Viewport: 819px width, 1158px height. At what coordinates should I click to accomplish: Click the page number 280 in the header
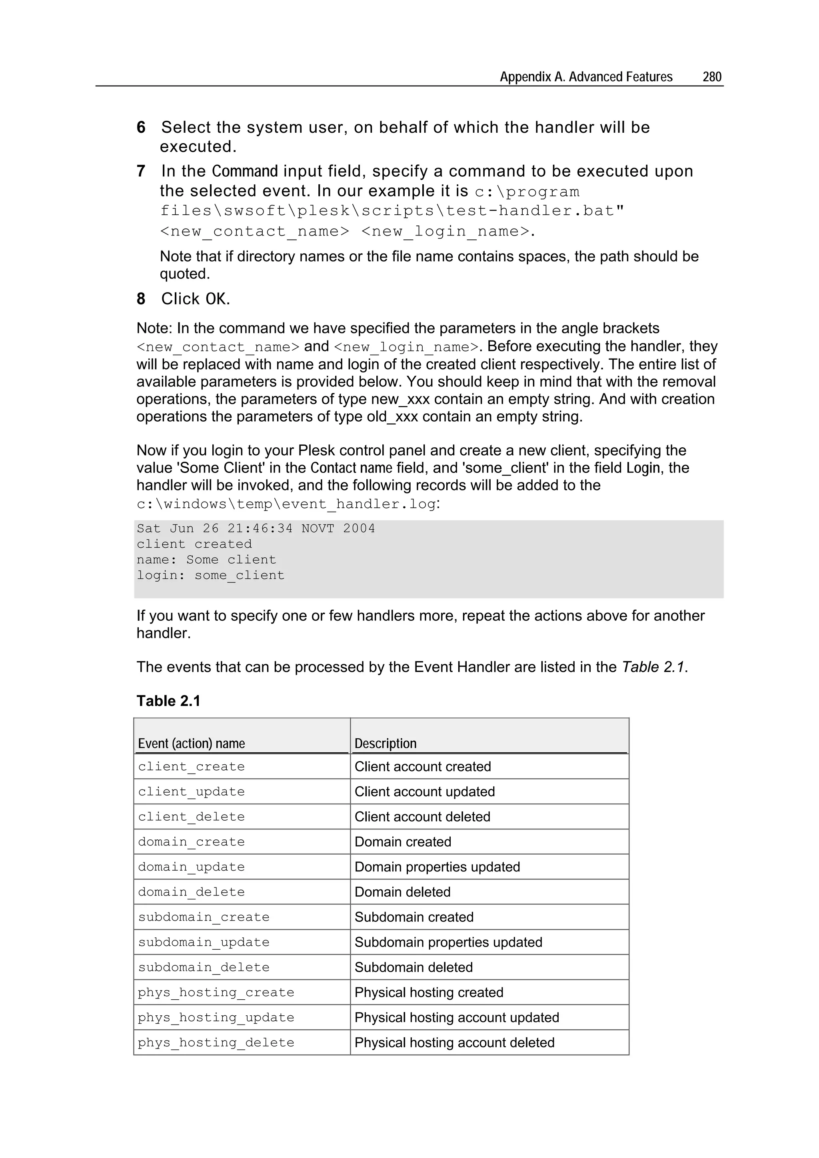[711, 77]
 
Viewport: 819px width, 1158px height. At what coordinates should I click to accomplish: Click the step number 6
[141, 127]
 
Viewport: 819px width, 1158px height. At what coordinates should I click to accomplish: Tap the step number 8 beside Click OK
[141, 299]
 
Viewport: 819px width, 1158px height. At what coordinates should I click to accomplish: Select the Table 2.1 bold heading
[168, 701]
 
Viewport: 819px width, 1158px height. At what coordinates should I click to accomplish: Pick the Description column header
[386, 743]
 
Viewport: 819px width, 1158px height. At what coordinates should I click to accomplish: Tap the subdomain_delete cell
[204, 967]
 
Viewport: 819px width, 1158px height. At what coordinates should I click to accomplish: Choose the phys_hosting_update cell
[216, 1017]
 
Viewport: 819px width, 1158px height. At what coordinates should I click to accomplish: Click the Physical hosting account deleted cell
[454, 1042]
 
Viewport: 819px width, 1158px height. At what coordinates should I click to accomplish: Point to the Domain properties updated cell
[437, 867]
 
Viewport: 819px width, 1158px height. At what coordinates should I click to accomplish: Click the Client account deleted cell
[422, 817]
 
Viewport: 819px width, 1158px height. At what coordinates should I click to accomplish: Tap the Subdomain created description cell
[414, 917]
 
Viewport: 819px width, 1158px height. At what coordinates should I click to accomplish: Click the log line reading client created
[194, 544]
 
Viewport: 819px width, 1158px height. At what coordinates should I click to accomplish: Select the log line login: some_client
[210, 576]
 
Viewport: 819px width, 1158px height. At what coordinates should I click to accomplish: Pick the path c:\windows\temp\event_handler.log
[286, 504]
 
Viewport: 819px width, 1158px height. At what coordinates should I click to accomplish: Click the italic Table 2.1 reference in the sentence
[653, 667]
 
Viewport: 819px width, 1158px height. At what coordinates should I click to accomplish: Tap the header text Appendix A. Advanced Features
[586, 77]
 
